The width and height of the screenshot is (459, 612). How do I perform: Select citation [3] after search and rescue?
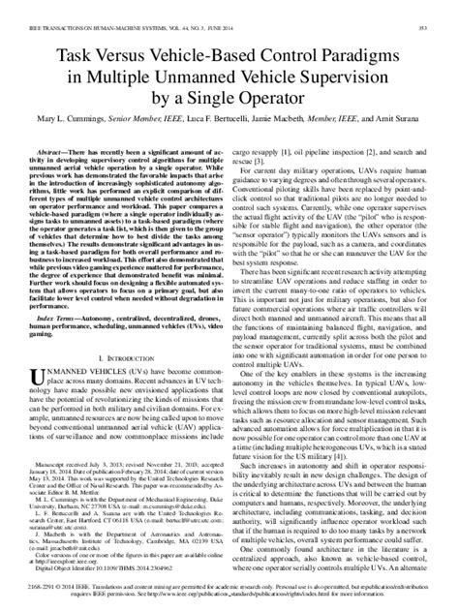click(x=261, y=150)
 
